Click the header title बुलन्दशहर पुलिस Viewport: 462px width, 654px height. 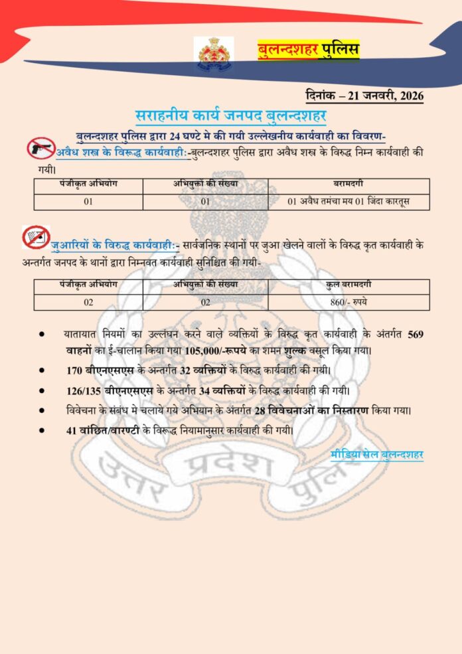coord(308,50)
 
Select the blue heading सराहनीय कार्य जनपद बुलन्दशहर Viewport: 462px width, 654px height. coord(231,115)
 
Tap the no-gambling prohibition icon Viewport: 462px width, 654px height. coord(36,237)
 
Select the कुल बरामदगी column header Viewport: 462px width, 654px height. coord(348,286)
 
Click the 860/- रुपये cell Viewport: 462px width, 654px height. coord(348,302)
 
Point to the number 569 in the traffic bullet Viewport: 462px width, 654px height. coord(414,333)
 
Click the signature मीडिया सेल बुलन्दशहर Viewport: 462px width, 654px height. coord(376,455)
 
